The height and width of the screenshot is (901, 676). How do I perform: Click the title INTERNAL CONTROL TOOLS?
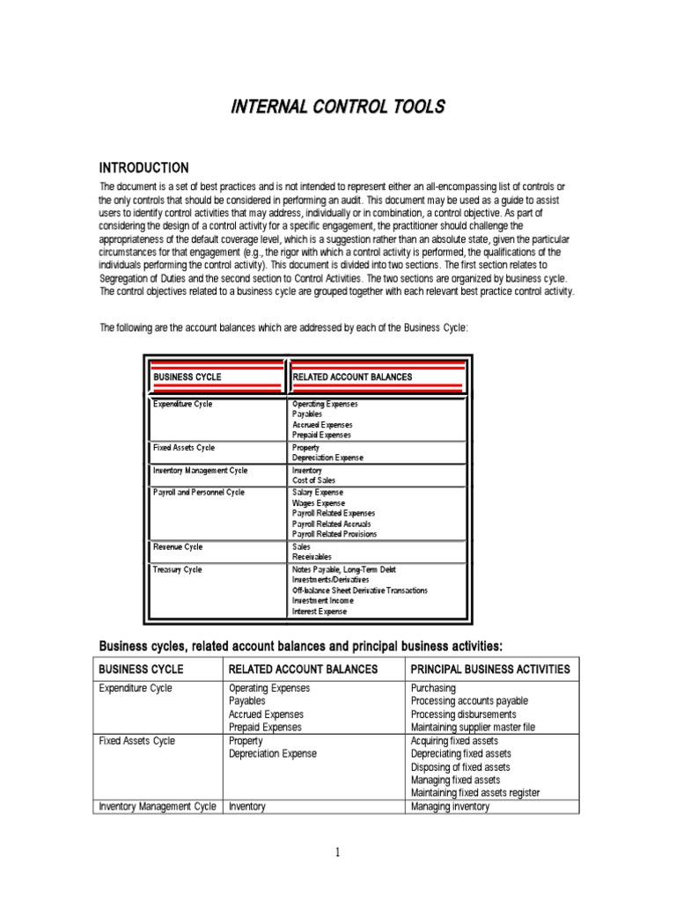[338, 107]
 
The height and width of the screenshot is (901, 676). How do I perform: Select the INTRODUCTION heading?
[143, 168]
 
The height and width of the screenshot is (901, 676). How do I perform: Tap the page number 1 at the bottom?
[336, 852]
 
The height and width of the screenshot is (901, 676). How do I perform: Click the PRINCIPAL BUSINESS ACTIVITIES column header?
[490, 669]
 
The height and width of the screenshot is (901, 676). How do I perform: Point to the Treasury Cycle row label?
[177, 569]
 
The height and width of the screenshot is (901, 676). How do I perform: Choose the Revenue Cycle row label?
[178, 546]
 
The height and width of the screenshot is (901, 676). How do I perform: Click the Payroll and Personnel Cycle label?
[198, 492]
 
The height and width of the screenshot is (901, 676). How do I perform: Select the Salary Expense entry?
[318, 492]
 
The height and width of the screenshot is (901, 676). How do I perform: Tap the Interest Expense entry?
[320, 612]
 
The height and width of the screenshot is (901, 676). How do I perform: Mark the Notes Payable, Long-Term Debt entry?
[344, 569]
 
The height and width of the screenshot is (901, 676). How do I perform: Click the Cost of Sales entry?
[314, 480]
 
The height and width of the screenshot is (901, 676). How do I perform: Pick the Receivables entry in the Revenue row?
[312, 557]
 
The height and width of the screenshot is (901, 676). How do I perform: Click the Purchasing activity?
[433, 688]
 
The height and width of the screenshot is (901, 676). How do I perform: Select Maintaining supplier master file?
[473, 727]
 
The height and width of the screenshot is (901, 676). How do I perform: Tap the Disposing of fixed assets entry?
[460, 766]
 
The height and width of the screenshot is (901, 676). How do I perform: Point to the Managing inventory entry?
[450, 806]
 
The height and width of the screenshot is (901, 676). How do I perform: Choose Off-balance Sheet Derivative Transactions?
[360, 590]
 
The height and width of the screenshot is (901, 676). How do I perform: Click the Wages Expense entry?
[318, 502]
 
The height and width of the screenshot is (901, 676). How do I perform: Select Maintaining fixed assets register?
[475, 793]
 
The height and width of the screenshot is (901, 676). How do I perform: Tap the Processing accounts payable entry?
[469, 701]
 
